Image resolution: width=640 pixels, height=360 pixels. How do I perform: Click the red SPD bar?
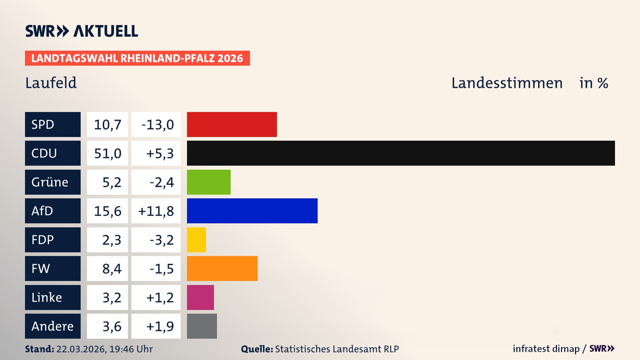(232, 124)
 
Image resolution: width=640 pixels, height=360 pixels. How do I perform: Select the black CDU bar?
(401, 153)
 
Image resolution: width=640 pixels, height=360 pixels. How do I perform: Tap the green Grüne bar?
(209, 182)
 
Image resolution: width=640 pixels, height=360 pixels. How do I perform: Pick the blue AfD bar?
(252, 211)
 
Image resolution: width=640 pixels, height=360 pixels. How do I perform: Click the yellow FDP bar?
(196, 240)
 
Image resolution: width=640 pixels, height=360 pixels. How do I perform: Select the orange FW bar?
(222, 268)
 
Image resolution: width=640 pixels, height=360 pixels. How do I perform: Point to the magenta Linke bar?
(200, 297)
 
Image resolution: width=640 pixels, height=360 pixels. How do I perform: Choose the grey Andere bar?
(202, 326)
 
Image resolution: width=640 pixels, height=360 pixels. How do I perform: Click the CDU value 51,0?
(107, 153)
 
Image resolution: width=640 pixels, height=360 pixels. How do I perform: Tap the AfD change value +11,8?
(156, 211)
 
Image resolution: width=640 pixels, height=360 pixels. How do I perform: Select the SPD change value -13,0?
(157, 125)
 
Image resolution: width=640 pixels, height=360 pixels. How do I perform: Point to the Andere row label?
(53, 326)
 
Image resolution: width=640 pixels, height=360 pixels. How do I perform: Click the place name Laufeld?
(51, 83)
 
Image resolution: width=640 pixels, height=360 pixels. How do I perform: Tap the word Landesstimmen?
(507, 83)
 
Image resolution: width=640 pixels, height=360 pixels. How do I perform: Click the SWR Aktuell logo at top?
(82, 31)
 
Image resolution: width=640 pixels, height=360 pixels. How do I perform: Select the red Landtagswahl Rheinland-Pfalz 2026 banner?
(137, 58)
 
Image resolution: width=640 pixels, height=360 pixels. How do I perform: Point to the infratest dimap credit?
(546, 349)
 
